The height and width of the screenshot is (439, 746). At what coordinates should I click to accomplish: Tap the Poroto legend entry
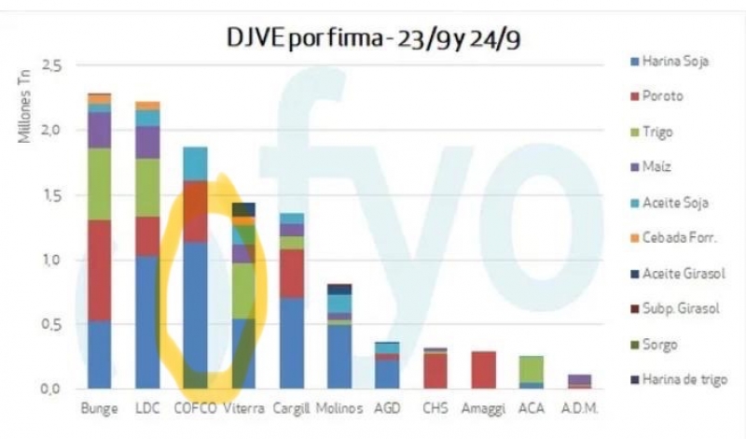click(x=663, y=96)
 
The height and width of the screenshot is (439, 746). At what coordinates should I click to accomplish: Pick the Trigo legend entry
click(x=659, y=132)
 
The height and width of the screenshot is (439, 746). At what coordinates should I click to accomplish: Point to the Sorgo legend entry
click(x=661, y=344)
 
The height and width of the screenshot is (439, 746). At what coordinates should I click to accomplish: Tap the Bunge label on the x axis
click(x=99, y=409)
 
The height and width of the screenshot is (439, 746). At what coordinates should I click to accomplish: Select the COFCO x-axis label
click(x=196, y=409)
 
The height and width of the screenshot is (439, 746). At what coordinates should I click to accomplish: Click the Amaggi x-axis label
click(x=483, y=409)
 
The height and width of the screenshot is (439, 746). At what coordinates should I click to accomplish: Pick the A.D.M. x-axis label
click(x=580, y=409)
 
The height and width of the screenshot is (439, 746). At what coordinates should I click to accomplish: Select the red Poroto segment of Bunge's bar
click(x=99, y=271)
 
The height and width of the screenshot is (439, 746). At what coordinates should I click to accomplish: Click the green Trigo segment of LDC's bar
click(x=147, y=188)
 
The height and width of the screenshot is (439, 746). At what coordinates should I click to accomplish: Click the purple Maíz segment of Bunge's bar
click(x=99, y=130)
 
